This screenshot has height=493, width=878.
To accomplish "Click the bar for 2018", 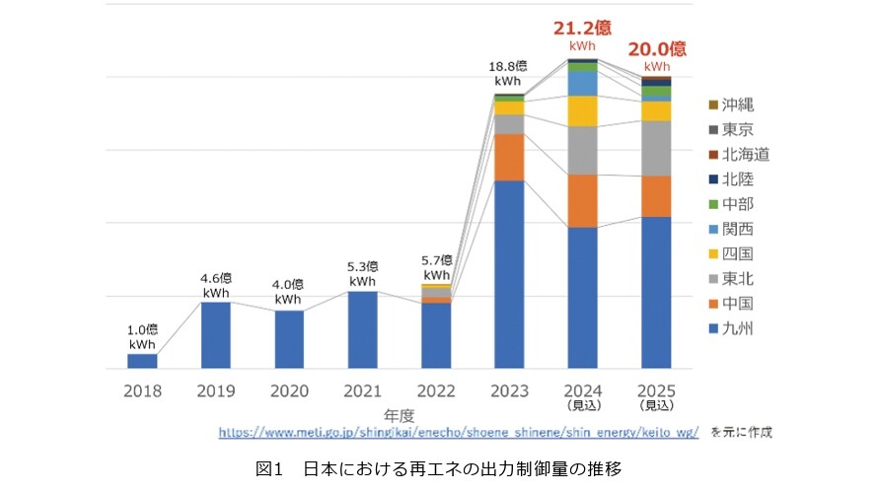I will (x=142, y=361).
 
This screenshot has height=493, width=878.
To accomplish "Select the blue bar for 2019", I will (x=216, y=335).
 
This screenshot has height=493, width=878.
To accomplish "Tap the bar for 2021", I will (x=362, y=330).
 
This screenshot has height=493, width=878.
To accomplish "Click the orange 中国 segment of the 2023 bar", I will (x=509, y=157).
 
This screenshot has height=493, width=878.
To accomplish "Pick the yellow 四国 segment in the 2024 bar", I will (x=583, y=111).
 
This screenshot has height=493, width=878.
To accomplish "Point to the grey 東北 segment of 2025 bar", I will (x=656, y=148).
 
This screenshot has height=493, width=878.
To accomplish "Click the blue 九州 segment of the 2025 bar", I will (x=656, y=293).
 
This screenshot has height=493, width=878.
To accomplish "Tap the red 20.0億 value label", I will (x=656, y=48).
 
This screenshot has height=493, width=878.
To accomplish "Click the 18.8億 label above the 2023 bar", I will (x=509, y=66).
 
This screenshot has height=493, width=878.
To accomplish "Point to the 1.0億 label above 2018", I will (x=142, y=328).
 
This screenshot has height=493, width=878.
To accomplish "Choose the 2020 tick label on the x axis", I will (x=289, y=390).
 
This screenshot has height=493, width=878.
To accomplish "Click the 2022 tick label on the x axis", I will (x=435, y=390).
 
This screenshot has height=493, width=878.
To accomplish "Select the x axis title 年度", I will (x=399, y=415).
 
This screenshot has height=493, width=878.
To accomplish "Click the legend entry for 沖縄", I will (x=736, y=105).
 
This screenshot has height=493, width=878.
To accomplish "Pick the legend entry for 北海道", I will (x=743, y=155).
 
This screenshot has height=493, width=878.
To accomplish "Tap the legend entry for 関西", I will (x=736, y=229).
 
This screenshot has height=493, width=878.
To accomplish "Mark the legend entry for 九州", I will (x=736, y=328).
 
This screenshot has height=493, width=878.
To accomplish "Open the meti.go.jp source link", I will (x=458, y=432).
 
